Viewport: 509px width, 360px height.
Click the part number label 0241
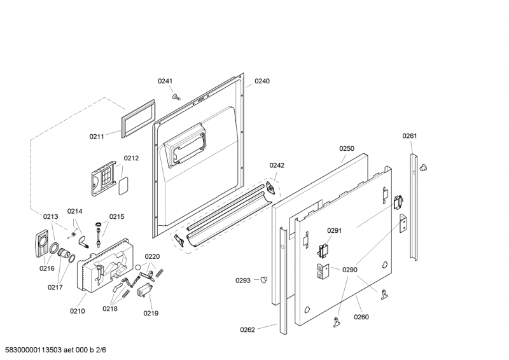click(165, 81)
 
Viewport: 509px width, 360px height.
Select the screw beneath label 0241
click(176, 97)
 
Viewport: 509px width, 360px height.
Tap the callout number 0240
click(261, 81)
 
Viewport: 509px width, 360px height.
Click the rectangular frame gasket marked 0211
click(138, 118)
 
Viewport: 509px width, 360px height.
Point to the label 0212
click(131, 158)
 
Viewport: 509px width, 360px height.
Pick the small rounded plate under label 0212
click(123, 186)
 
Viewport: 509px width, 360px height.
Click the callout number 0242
click(277, 165)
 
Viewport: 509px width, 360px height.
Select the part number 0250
click(347, 149)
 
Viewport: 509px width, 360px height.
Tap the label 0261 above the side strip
click(410, 136)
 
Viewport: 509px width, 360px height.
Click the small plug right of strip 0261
click(423, 167)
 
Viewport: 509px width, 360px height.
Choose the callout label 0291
click(335, 231)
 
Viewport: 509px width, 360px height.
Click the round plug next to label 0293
click(264, 279)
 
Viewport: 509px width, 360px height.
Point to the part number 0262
click(248, 330)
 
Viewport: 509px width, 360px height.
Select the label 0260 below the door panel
click(361, 317)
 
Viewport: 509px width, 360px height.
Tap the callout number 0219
click(151, 314)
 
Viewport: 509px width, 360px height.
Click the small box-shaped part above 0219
click(145, 289)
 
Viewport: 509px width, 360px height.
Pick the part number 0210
click(77, 311)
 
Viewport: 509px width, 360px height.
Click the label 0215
click(116, 217)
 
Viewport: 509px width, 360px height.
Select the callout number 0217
click(55, 287)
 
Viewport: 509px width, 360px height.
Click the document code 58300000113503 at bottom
click(34, 350)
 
